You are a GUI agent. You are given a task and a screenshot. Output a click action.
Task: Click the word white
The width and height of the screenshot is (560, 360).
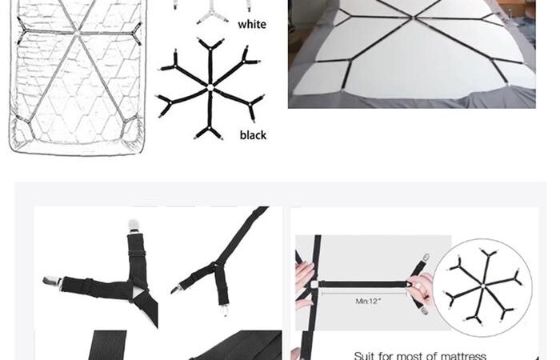252,24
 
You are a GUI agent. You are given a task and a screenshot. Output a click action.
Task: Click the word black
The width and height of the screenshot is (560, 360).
253,135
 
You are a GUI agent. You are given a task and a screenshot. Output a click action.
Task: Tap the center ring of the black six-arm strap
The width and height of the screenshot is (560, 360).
210,87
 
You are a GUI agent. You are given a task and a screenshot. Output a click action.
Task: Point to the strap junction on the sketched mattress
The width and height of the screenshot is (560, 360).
77,33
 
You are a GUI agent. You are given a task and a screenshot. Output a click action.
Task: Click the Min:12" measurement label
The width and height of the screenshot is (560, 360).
368,301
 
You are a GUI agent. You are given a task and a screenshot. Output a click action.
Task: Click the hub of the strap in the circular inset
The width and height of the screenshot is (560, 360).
482,286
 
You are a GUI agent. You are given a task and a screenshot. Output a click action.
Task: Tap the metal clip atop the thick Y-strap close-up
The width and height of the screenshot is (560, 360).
134,226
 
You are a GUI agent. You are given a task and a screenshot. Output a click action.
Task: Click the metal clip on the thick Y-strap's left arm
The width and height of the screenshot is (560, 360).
52,282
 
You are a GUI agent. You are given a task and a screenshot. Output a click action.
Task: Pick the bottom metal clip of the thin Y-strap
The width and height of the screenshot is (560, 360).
224,310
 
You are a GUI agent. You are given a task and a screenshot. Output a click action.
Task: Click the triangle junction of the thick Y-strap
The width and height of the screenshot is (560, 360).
139,292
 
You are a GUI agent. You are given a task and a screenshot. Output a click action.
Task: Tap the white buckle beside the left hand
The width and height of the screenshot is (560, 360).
314,285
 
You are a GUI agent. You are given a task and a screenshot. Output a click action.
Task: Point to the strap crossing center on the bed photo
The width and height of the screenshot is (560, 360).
414,17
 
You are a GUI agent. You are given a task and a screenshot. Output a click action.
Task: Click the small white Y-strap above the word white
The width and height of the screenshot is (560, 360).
213,14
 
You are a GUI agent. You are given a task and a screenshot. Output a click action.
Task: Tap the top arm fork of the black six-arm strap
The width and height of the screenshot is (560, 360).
210,46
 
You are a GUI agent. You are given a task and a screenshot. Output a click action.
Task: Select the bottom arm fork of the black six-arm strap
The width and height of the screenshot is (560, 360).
209,131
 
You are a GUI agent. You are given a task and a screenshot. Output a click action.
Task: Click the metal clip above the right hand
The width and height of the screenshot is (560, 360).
426,258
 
